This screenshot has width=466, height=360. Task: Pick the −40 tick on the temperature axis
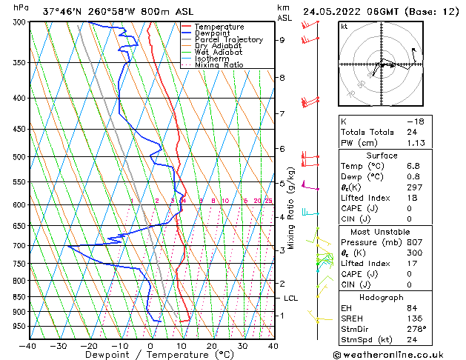click(28, 346)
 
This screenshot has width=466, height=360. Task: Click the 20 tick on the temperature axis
click(211, 346)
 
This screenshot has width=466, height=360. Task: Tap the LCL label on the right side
click(290, 298)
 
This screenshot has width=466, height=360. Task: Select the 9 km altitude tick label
click(282, 41)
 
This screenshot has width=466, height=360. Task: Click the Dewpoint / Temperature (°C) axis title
click(150, 355)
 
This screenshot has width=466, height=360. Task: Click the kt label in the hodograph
click(344, 26)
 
